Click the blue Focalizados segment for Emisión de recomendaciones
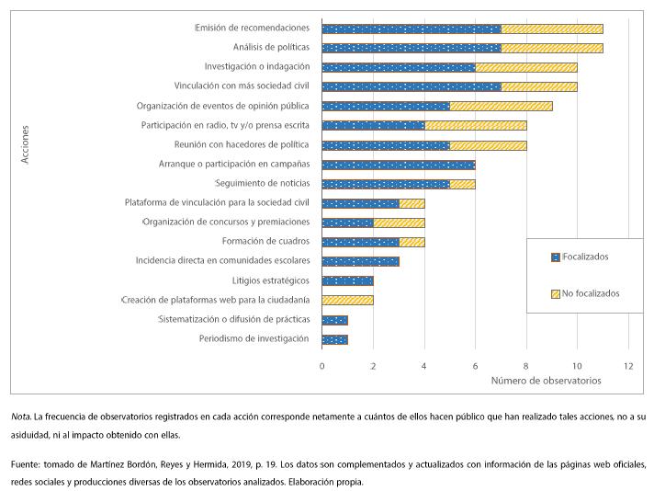coord(412,29)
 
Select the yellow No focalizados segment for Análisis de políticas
coord(552,48)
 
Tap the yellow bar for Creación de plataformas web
coord(347,300)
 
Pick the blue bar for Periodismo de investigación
coord(334,339)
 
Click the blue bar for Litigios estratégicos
coord(347,280)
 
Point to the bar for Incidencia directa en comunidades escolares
coord(360,261)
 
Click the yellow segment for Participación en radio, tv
coord(475,126)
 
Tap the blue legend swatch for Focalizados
coord(554,257)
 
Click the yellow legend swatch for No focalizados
coord(554,293)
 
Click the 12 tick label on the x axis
coord(628,367)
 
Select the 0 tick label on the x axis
coord(321,367)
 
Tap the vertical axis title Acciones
coord(26,145)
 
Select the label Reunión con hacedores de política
coord(242,145)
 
